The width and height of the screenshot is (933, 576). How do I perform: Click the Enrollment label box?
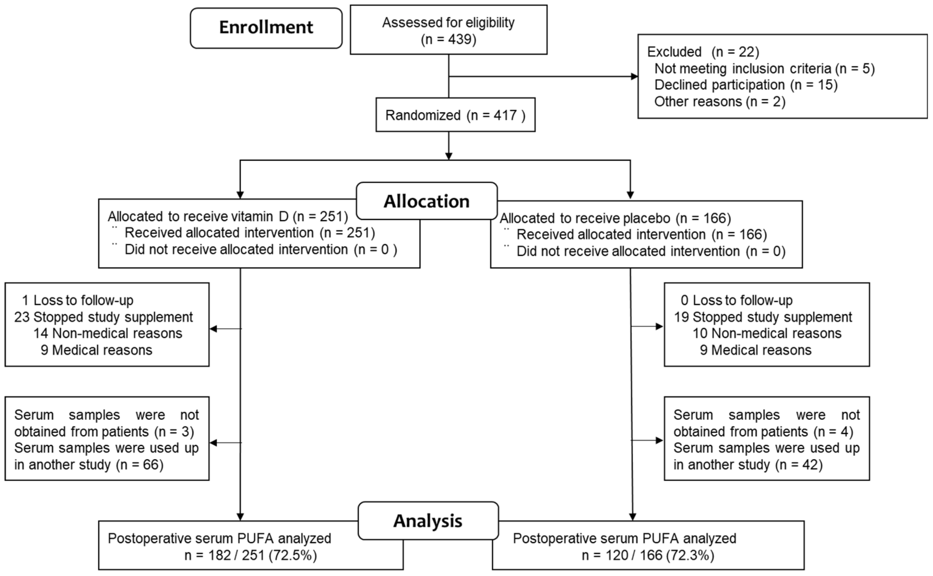[266, 28]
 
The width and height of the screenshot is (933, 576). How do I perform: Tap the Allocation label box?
[426, 201]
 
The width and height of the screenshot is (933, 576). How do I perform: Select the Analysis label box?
[428, 520]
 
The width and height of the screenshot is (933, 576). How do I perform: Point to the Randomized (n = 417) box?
[455, 115]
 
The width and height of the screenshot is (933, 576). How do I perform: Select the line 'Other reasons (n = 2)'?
[720, 102]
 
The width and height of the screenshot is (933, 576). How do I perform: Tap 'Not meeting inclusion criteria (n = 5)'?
[764, 68]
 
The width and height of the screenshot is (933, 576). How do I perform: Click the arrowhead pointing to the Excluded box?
[634, 76]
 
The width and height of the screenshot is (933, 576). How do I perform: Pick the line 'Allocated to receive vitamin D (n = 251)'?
[228, 216]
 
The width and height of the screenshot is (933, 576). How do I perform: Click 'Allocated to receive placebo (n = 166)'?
[615, 218]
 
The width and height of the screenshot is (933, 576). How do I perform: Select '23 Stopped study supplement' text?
[103, 317]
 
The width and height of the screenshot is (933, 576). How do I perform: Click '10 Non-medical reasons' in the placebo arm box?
[767, 333]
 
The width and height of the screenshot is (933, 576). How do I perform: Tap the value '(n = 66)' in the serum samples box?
[140, 465]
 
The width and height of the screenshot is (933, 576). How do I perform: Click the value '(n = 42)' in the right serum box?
[799, 465]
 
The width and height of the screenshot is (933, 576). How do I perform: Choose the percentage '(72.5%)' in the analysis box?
[292, 555]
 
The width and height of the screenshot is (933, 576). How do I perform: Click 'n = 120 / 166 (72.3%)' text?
[647, 555]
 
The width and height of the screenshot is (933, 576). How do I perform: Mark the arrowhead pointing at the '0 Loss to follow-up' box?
[659, 326]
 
